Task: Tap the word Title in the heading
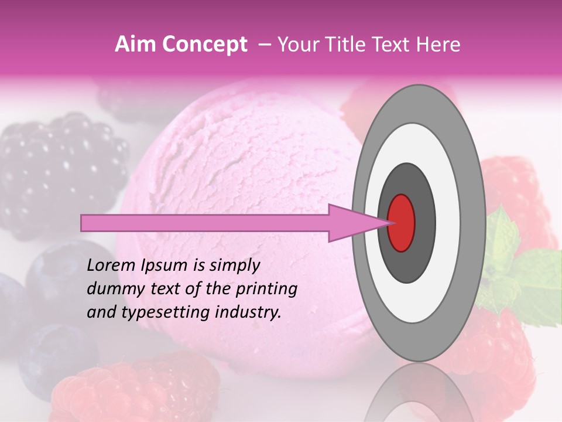click(351, 45)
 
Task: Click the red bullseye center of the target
click(402, 222)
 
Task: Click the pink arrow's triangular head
click(351, 223)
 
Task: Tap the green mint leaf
click(527, 275)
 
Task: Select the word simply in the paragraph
click(231, 266)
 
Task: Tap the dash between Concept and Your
click(265, 45)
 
